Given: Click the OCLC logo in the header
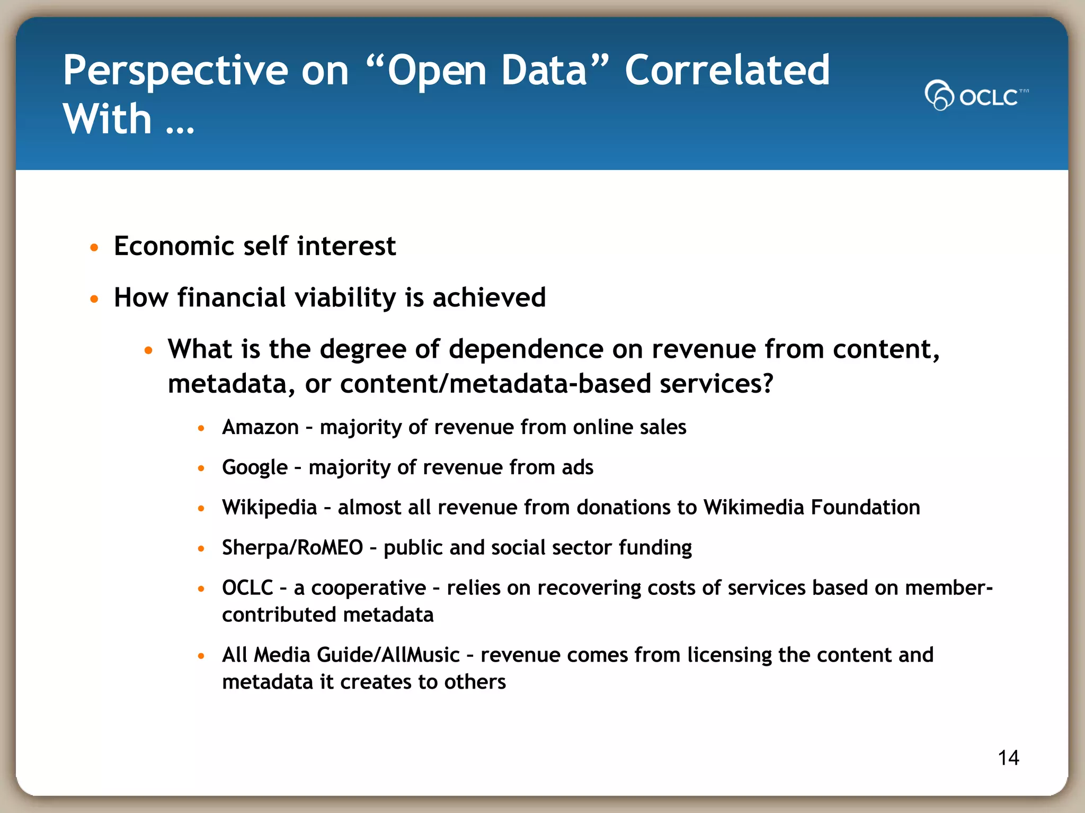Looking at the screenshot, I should click(x=976, y=96).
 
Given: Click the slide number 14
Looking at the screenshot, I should click(x=1008, y=758).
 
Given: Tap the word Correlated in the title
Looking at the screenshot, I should click(x=727, y=70).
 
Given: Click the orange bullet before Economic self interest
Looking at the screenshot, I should click(x=94, y=248).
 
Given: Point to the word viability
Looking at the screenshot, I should click(x=345, y=298).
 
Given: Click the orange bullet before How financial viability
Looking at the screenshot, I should click(x=94, y=299).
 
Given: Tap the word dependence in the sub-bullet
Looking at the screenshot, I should click(x=526, y=349).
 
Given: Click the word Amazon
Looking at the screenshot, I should click(x=260, y=427).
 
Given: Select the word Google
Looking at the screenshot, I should click(x=254, y=468).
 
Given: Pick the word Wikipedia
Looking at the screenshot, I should click(x=269, y=508).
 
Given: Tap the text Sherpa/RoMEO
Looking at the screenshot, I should click(x=292, y=548).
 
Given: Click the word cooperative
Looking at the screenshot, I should click(x=368, y=588).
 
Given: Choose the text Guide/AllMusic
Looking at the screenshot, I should click(x=388, y=655).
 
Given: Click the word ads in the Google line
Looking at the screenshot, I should click(x=577, y=468).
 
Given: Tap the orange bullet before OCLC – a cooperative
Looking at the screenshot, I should click(x=201, y=589).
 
